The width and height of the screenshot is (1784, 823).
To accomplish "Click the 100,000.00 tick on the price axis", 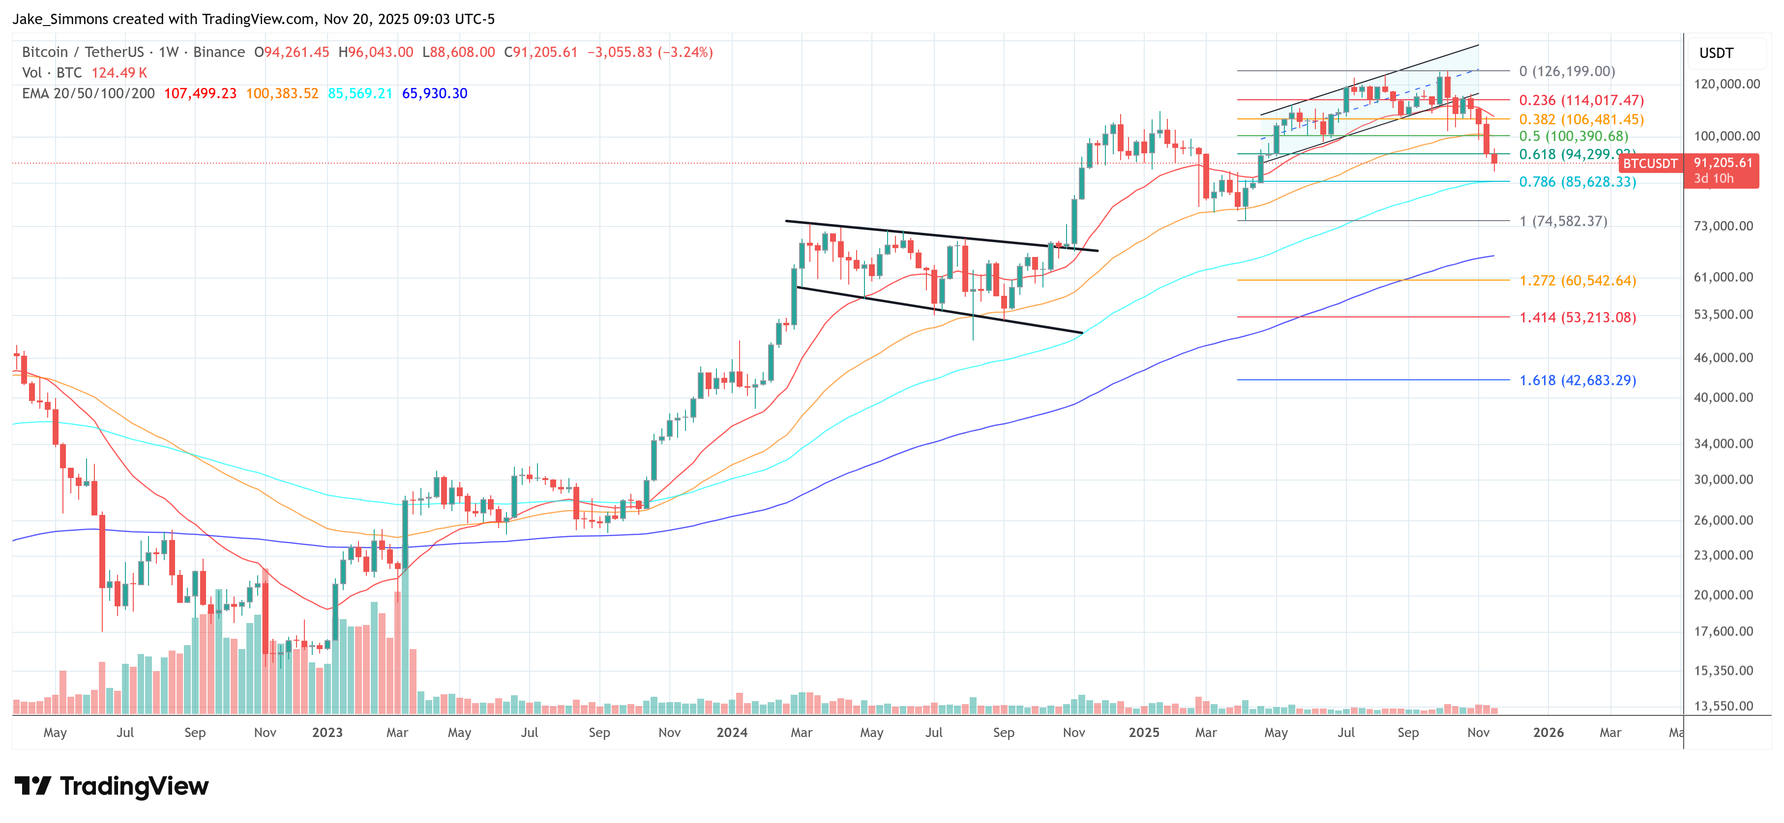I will (1726, 137).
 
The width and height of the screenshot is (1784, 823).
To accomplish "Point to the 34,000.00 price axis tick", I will (1723, 444).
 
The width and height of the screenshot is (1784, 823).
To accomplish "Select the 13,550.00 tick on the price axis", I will (1723, 706).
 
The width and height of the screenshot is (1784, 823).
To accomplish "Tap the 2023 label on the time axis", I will (327, 732).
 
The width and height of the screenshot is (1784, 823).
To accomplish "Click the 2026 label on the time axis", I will (1548, 732).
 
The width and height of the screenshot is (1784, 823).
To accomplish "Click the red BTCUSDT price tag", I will (1650, 163).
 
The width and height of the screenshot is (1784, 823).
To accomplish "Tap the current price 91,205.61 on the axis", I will (1723, 163).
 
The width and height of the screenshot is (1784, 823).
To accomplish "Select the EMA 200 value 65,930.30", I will (434, 93).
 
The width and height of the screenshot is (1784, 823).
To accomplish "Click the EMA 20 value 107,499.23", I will (200, 93).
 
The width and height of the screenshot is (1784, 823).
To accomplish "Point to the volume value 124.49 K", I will (119, 73).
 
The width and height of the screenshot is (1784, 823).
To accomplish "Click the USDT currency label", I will (1716, 53).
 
